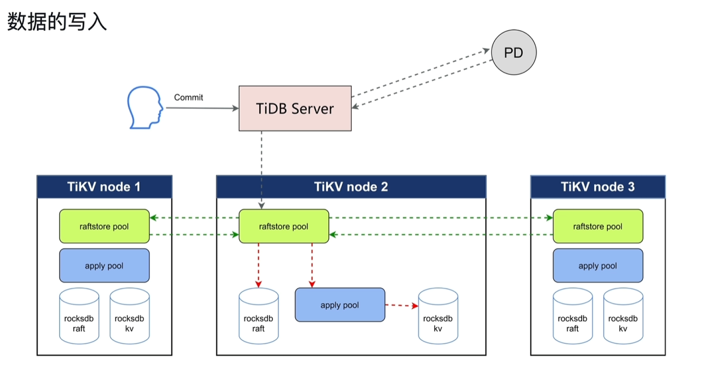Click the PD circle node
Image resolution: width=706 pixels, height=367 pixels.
tap(514, 52)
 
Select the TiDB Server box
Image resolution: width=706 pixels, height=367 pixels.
tap(295, 108)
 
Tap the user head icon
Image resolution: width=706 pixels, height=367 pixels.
tap(145, 107)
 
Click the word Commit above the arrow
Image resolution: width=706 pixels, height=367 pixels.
tap(189, 98)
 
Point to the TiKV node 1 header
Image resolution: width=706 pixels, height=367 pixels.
tap(104, 187)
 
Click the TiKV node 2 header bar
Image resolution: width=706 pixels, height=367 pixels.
tap(351, 187)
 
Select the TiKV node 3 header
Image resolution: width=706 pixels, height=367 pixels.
tap(598, 187)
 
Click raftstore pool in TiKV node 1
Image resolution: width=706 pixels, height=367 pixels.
tap(104, 226)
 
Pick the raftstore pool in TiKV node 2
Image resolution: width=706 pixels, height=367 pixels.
tap(284, 226)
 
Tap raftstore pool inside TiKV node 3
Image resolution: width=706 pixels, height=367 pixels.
tap(598, 226)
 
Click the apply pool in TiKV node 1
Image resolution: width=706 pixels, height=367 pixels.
tap(104, 265)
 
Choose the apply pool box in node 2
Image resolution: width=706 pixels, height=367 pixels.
tap(340, 305)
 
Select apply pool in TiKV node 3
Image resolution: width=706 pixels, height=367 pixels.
tap(598, 265)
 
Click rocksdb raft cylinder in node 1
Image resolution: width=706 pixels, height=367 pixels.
tap(79, 315)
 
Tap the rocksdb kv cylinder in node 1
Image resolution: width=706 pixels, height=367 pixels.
tap(130, 315)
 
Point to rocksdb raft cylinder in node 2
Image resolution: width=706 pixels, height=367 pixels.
tap(258, 315)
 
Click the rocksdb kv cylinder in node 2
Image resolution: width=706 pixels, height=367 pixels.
tap(438, 315)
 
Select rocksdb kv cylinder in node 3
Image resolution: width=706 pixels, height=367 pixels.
tap(623, 315)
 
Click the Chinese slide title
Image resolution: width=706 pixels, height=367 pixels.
tap(57, 21)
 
